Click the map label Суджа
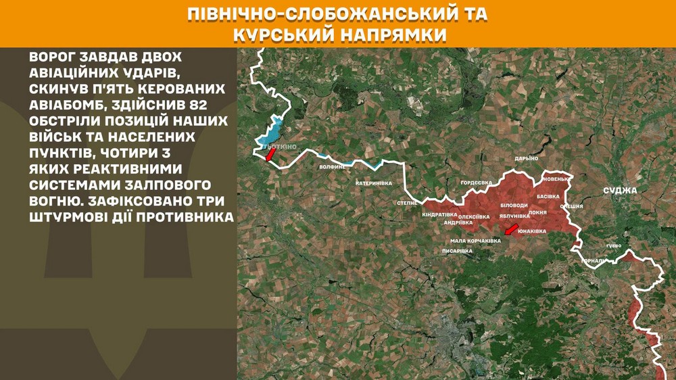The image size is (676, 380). click(621, 190)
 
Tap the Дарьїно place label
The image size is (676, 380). click(526, 158)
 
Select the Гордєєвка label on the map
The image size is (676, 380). click(476, 183)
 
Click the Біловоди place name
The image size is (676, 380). click(514, 204)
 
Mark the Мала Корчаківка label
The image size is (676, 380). click(476, 240)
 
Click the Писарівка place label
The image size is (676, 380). click(457, 251)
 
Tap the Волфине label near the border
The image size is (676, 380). click(333, 166)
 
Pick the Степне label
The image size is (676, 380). click(407, 202)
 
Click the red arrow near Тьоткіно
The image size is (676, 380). click(270, 156)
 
